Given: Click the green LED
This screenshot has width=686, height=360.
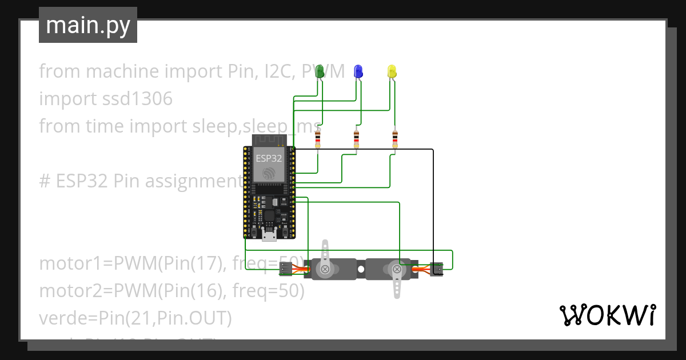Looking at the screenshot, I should pos(320,71).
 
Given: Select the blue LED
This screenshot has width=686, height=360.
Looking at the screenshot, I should pos(358,71).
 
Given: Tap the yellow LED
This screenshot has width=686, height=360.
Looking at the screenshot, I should pos(392,71).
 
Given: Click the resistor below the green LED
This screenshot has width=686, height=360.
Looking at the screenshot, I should pos(318,139).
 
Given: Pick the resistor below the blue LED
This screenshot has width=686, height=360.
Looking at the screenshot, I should pos(357,139).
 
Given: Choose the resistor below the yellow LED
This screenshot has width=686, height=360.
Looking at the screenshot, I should pos(395,139).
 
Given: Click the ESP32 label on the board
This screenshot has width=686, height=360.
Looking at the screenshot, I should pos(269,158).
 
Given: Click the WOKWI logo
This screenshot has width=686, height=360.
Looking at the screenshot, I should pos(607,315).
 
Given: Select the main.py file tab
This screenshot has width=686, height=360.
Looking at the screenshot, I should pos(88,25).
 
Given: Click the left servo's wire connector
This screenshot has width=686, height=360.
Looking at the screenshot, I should pos(285,269).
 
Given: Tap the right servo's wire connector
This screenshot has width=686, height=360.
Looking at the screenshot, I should pos(437,269).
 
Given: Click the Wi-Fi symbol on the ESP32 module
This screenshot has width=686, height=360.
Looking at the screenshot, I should pos(269,174).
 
